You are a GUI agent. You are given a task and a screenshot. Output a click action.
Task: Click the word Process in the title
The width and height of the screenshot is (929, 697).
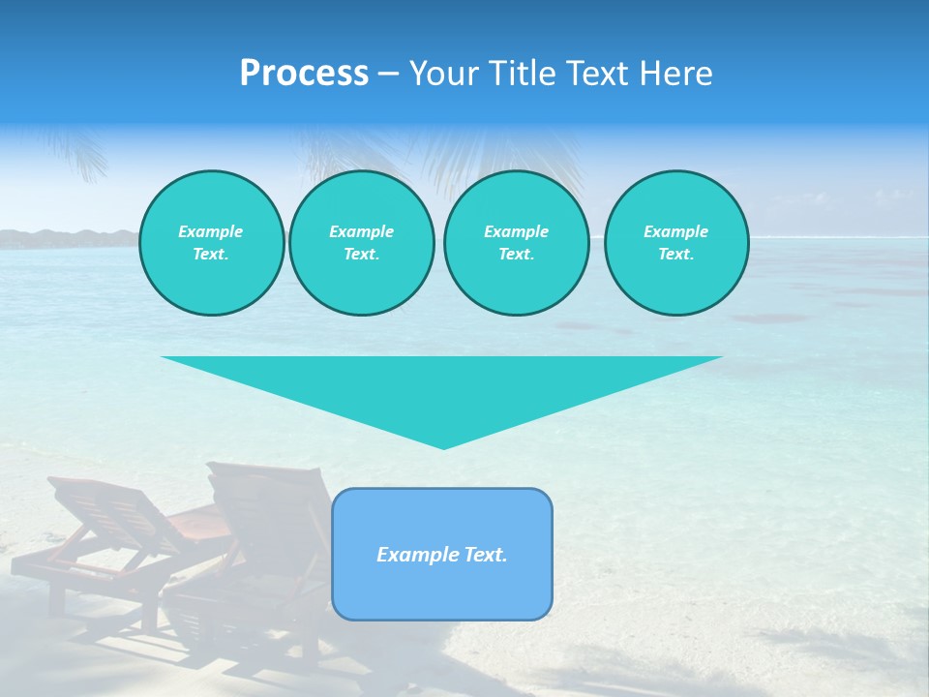tap(304, 74)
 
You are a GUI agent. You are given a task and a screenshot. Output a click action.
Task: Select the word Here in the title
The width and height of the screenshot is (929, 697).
tap(675, 74)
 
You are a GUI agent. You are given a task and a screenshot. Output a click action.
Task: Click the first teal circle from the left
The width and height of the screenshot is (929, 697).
tap(211, 243)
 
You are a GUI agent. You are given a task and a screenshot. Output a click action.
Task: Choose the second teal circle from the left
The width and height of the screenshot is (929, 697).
tap(361, 243)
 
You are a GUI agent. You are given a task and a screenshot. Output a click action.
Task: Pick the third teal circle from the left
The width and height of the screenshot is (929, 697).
tap(516, 243)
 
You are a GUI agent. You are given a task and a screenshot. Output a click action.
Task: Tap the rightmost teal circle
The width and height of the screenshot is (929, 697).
tap(675, 243)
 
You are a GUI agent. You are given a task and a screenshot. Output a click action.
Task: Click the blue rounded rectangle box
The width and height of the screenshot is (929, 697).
tap(442, 591)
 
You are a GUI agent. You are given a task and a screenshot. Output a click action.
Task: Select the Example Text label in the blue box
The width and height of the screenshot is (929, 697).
tap(442, 555)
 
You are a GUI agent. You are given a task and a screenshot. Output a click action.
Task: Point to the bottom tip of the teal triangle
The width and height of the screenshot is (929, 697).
tap(443, 446)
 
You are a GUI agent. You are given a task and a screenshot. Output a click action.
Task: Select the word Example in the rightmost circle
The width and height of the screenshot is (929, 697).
tap(675, 231)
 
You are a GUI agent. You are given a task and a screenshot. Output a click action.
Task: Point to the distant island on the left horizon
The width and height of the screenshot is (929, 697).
tap(68, 238)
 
